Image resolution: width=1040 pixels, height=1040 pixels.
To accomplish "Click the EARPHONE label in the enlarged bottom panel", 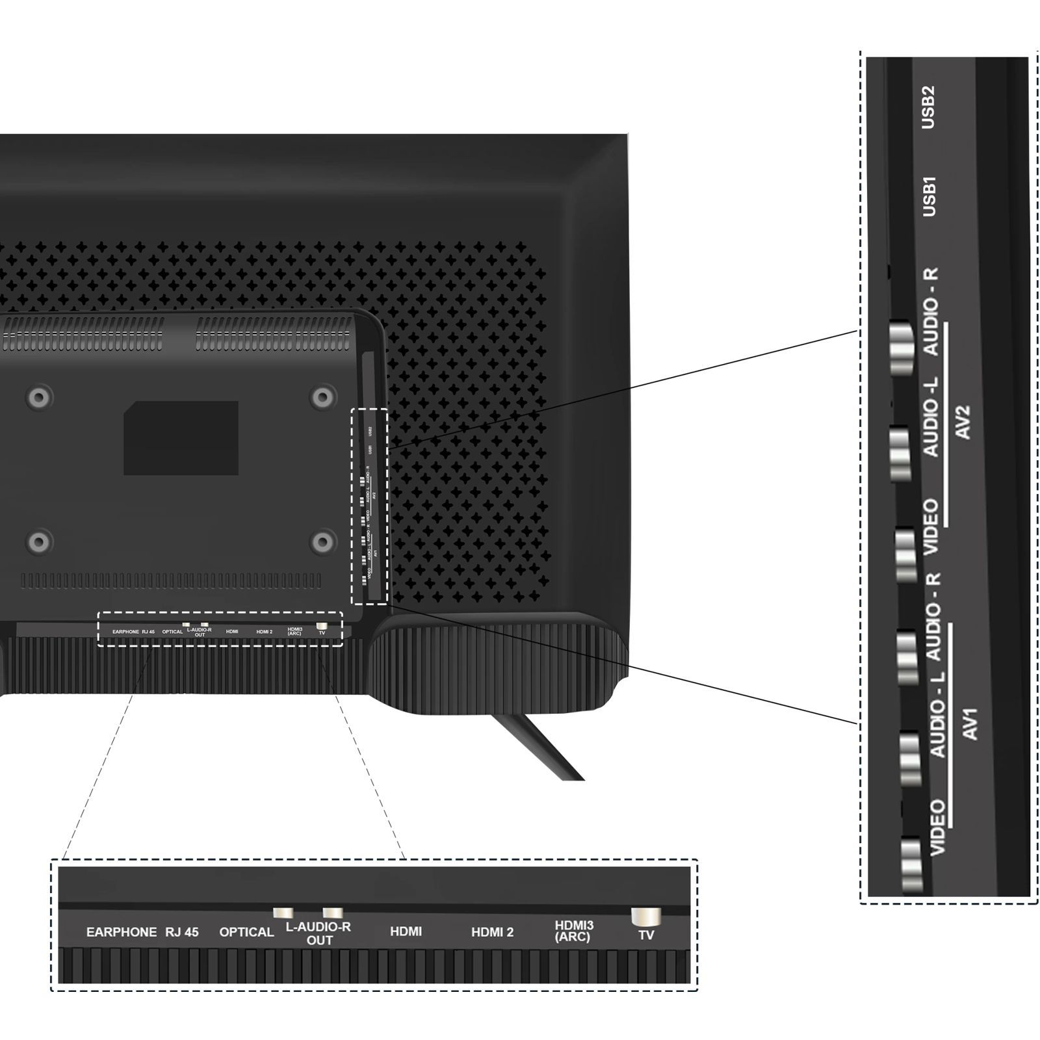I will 121,932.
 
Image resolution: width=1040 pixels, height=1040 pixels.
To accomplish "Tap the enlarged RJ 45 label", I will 181,932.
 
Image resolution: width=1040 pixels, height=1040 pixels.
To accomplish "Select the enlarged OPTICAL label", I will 246,932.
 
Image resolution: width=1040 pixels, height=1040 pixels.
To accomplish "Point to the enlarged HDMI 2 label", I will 492,932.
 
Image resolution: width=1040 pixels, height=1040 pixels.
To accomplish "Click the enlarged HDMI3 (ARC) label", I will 573,931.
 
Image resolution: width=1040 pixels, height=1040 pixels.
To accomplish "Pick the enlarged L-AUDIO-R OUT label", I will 318,933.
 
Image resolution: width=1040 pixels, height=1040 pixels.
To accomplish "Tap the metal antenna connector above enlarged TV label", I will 645,916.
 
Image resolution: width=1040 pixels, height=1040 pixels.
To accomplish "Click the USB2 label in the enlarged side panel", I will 928,107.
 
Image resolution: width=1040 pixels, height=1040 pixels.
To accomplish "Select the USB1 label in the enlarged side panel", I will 929,196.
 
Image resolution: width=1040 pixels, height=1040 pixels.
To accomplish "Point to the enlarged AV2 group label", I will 964,422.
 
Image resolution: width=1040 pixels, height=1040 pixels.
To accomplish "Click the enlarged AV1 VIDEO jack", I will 911,864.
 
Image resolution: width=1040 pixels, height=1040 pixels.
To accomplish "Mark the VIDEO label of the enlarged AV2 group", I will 931,526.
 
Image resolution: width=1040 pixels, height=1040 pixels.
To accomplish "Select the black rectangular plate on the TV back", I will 181,437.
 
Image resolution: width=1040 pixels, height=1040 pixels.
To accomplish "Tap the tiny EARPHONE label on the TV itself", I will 125,632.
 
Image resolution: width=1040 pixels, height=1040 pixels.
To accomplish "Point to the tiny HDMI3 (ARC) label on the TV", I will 294,631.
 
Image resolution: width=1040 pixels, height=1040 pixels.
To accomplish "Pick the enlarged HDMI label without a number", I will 406,931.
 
